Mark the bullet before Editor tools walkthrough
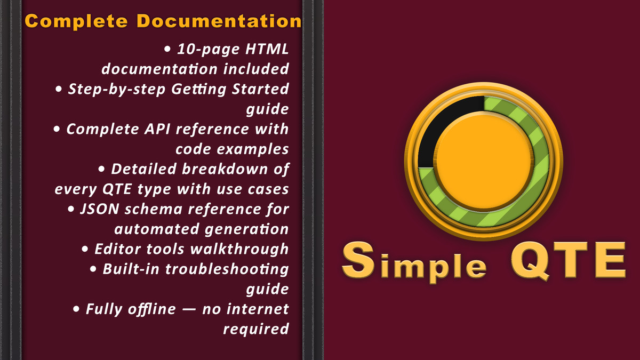pos(85,249)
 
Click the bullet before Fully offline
pos(77,309)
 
